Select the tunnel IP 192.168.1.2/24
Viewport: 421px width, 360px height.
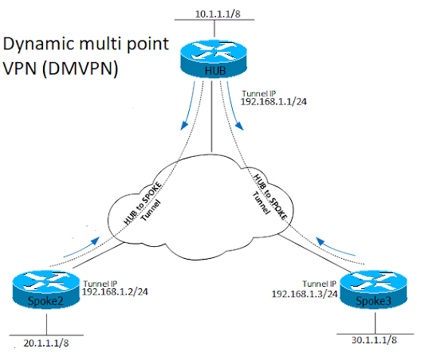pos(117,292)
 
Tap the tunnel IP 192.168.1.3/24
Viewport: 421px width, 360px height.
pos(305,293)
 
